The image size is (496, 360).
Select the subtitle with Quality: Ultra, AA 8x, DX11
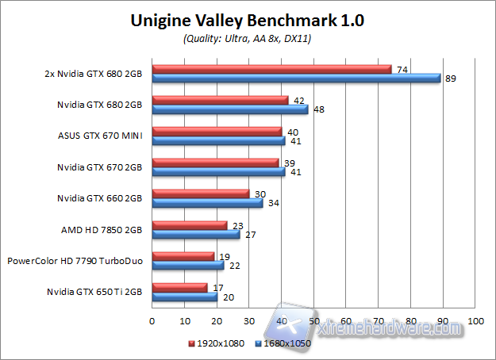pyautogui.click(x=248, y=38)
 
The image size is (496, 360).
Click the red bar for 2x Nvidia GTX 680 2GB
pyautogui.click(x=271, y=69)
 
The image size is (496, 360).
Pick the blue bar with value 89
pyautogui.click(x=295, y=78)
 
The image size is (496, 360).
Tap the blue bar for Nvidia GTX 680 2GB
pyautogui.click(x=230, y=109)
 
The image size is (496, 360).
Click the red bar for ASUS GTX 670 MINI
pyautogui.click(x=217, y=132)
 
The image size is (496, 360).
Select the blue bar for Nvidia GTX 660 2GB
pyautogui.click(x=207, y=203)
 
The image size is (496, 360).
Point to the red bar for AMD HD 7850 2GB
pyautogui.click(x=189, y=225)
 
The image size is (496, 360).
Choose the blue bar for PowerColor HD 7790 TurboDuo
pyautogui.click(x=187, y=265)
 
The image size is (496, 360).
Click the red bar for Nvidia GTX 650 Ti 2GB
pyautogui.click(x=179, y=287)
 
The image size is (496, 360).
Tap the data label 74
pyautogui.click(x=402, y=70)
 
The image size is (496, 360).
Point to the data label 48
pyautogui.click(x=319, y=109)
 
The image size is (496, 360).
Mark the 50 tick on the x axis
pyautogui.click(x=313, y=321)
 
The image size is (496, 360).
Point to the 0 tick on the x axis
pyautogui.click(x=152, y=321)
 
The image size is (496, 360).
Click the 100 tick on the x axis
pyautogui.click(x=475, y=321)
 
